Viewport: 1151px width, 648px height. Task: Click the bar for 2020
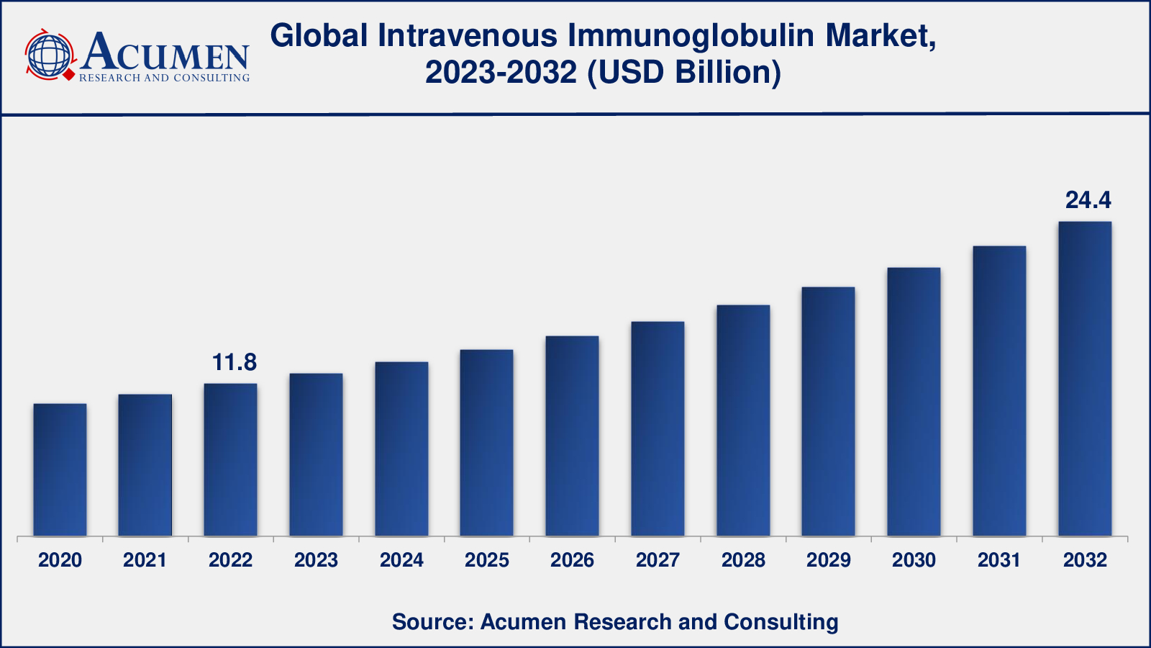(x=60, y=469)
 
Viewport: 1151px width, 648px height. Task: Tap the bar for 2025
(x=486, y=443)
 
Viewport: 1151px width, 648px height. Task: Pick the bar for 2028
(x=743, y=420)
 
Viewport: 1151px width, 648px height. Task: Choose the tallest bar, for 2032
(x=1085, y=379)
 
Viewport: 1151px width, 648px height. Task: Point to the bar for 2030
(x=914, y=402)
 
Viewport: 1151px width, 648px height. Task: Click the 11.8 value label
(x=234, y=362)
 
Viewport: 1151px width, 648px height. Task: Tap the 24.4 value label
(x=1088, y=200)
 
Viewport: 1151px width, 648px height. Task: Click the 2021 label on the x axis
(x=145, y=560)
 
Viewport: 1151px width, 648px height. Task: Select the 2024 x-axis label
(x=401, y=560)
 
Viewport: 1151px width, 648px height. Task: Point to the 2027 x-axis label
(x=658, y=560)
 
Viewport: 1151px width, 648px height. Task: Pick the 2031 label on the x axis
(x=999, y=560)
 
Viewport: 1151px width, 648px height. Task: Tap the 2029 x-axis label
(x=829, y=560)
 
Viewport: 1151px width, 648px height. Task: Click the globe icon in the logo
(x=49, y=55)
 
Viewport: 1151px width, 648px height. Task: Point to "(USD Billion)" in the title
(x=684, y=73)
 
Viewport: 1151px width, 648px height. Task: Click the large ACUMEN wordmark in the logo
(x=165, y=52)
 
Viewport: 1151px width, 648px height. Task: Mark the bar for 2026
(x=572, y=436)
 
